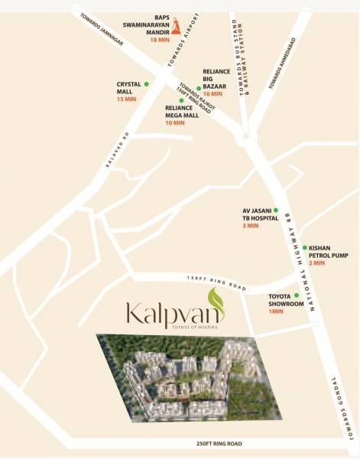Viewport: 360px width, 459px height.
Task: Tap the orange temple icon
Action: [x=175, y=27]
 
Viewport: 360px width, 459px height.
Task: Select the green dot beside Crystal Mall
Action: [x=146, y=83]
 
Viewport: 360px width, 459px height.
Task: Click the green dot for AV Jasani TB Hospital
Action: [x=276, y=210]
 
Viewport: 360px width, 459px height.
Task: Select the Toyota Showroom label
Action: [x=286, y=300]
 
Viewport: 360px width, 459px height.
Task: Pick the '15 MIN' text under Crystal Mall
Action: [x=125, y=99]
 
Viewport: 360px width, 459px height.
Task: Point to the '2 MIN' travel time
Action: [x=316, y=263]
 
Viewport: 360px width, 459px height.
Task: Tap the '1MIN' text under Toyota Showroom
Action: [x=276, y=311]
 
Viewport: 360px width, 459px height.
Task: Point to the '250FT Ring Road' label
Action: [x=219, y=443]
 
